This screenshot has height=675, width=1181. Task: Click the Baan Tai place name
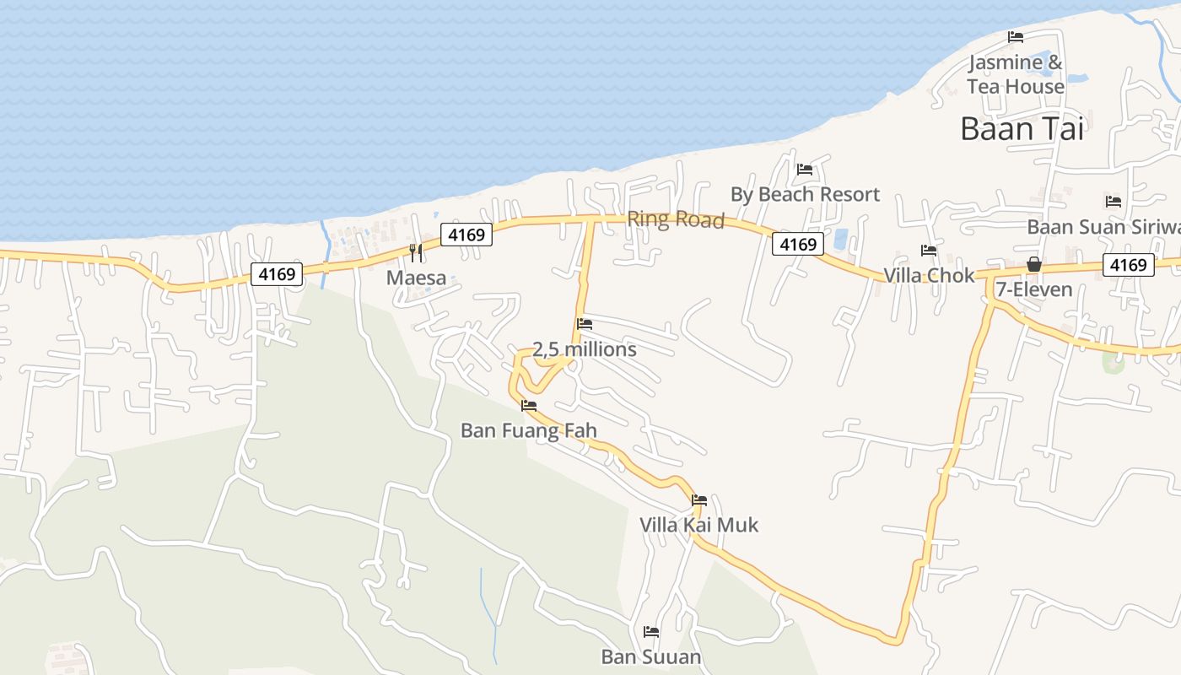(x=1022, y=128)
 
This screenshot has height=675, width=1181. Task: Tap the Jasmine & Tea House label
(x=1016, y=74)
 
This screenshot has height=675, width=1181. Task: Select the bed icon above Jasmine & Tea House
(x=1016, y=37)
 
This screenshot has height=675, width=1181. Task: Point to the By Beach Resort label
(x=805, y=194)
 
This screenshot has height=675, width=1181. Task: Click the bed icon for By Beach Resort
(x=804, y=170)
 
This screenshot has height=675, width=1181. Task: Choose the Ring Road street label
(x=676, y=219)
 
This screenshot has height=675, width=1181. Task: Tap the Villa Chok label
(x=929, y=276)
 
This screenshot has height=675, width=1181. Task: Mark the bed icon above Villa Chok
(x=929, y=251)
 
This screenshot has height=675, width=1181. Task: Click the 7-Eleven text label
(x=1034, y=289)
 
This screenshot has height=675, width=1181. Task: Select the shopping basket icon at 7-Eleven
(x=1034, y=265)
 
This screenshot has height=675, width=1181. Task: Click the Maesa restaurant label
(x=416, y=278)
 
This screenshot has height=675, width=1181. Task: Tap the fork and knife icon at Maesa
(x=415, y=252)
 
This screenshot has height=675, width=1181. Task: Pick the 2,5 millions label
(x=585, y=349)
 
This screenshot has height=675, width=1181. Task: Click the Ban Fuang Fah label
(x=529, y=430)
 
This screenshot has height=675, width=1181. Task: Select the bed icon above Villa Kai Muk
(x=699, y=500)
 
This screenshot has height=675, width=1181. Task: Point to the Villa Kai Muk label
(x=699, y=525)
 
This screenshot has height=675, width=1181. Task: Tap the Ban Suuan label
(x=651, y=656)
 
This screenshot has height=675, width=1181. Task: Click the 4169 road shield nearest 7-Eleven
(x=1128, y=265)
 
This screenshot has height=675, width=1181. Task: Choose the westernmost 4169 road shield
(x=277, y=273)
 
